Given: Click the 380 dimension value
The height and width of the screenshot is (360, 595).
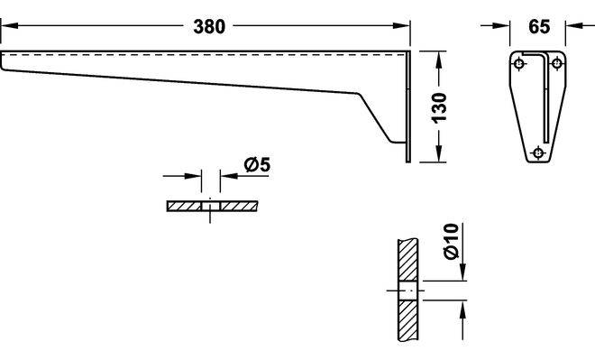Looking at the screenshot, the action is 209,26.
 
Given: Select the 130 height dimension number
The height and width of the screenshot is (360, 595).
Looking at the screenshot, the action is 439,107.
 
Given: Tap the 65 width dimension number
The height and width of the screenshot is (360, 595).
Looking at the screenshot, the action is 539,26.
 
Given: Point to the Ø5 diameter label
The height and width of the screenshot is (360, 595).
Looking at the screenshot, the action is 257,164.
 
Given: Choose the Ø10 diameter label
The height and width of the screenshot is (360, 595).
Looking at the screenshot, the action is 451,242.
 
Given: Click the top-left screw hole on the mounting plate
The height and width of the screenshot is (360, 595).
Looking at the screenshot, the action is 519,63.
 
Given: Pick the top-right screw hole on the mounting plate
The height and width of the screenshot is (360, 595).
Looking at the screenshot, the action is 556,63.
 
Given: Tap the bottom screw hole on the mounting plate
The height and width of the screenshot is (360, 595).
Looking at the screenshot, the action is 538,152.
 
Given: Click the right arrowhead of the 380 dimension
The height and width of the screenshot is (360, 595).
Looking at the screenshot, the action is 401,26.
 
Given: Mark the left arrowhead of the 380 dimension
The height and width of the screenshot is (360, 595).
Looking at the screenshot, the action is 9,26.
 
